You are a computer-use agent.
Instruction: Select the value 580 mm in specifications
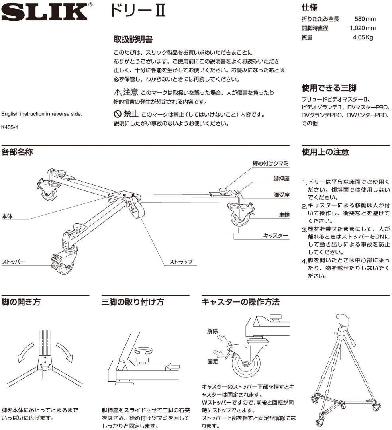(x=365, y=19)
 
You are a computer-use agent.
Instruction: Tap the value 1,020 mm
(x=363, y=28)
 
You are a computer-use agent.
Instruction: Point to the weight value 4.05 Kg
(x=364, y=38)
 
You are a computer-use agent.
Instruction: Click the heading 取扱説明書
(x=133, y=40)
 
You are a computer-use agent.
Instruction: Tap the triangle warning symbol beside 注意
(x=118, y=93)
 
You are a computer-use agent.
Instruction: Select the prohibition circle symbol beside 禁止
(x=118, y=115)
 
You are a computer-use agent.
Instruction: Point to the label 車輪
(x=284, y=215)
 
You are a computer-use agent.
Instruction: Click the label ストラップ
(x=180, y=262)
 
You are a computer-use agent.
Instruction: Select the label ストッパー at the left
(x=14, y=262)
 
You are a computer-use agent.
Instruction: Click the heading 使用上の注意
(x=325, y=152)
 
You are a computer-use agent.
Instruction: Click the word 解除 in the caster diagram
(x=212, y=331)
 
